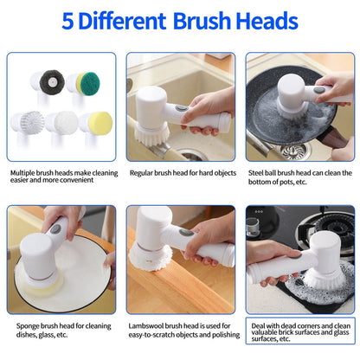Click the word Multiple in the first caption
pyautogui.click(x=25, y=172)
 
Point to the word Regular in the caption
pyautogui.click(x=145, y=172)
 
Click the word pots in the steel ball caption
pyautogui.click(x=289, y=182)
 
